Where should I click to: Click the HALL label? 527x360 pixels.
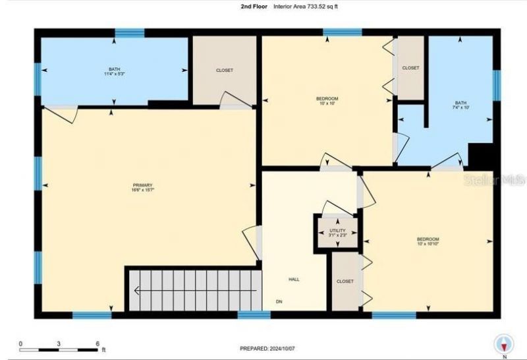[294, 280]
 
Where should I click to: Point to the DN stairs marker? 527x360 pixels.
[279, 302]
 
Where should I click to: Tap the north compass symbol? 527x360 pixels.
[505, 344]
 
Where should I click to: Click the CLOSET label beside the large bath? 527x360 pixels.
[224, 71]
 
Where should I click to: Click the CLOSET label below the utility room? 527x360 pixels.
[345, 282]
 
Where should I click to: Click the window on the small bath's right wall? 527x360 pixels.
[497, 82]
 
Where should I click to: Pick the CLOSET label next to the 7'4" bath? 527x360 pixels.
[410, 68]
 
